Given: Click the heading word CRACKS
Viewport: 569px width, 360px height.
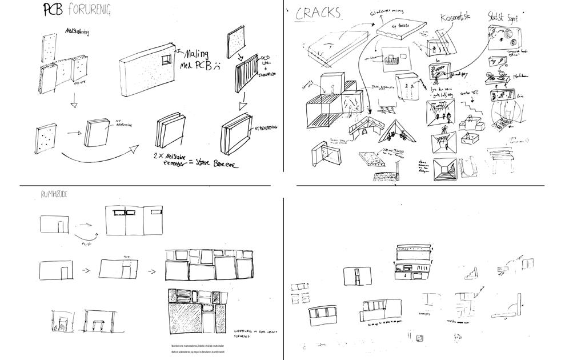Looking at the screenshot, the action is [x=317, y=13].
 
